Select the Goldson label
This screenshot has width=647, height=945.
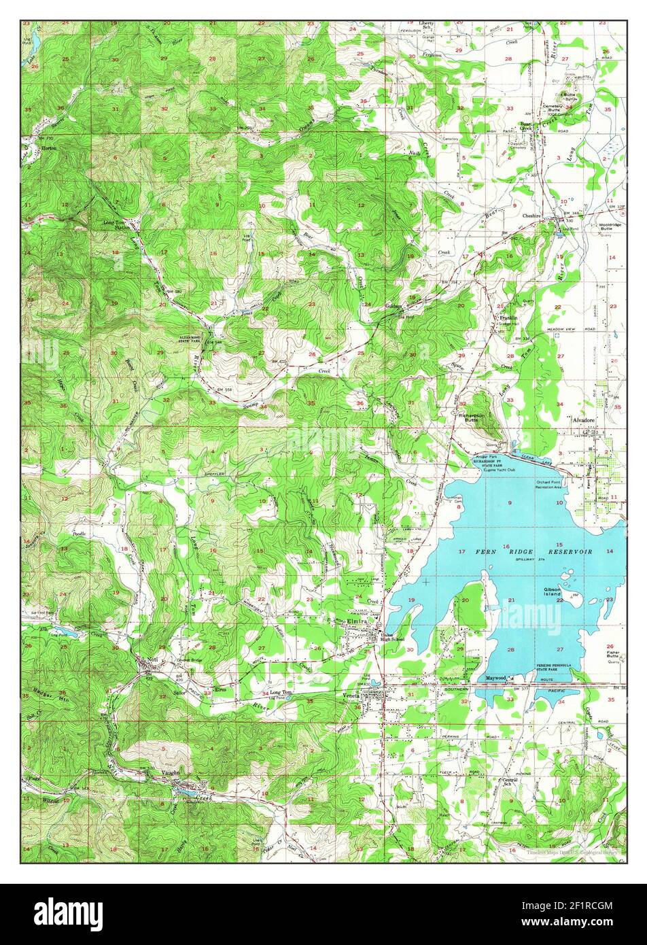click(x=395, y=307)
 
